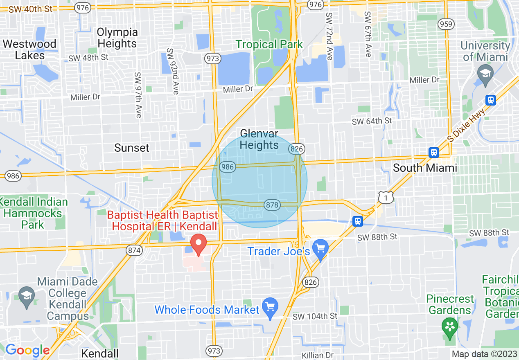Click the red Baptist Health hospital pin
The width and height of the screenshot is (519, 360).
point(199,244)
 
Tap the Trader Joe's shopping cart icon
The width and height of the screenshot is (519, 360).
point(320,249)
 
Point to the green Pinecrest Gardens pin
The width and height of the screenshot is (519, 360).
point(450,327)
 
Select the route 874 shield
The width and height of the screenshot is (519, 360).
point(134,250)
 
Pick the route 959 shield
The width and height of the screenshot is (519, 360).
point(446,24)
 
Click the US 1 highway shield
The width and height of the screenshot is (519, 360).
point(386,198)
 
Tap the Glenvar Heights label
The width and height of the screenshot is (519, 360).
point(259,139)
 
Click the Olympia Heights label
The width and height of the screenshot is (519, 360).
point(117,38)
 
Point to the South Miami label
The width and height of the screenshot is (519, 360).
point(425,168)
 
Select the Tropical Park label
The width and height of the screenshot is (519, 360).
point(269,44)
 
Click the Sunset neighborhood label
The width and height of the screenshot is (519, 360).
point(132,148)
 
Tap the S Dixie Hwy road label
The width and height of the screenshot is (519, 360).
point(466,124)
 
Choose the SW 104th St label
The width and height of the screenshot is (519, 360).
point(315,316)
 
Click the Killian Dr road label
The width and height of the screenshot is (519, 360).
point(318,355)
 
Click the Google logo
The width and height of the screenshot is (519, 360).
point(27,351)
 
